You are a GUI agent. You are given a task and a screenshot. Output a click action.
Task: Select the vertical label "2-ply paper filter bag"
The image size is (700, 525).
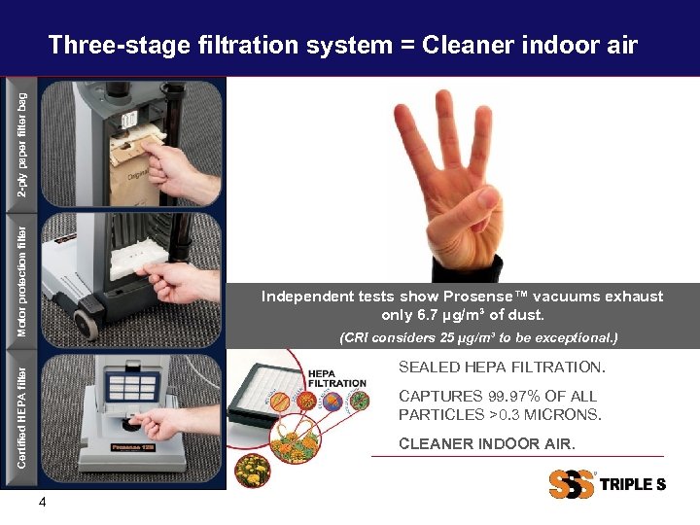coord(23,144)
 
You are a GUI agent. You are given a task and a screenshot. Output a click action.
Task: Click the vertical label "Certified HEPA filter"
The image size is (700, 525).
coord(23,412)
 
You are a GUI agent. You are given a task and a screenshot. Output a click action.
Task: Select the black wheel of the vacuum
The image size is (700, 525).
coord(85,322)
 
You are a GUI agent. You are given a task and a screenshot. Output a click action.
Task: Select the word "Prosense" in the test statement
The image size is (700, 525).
coord(483,297)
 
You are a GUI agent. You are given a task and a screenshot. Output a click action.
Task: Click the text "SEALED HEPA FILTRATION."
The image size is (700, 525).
coord(502,367)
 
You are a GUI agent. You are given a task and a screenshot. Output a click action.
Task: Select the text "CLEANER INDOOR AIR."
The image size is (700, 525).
coord(486,443)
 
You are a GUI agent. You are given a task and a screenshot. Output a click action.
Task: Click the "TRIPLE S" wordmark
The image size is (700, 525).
coord(632,484)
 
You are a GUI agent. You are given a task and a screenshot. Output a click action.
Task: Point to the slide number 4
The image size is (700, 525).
coord(42,503)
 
